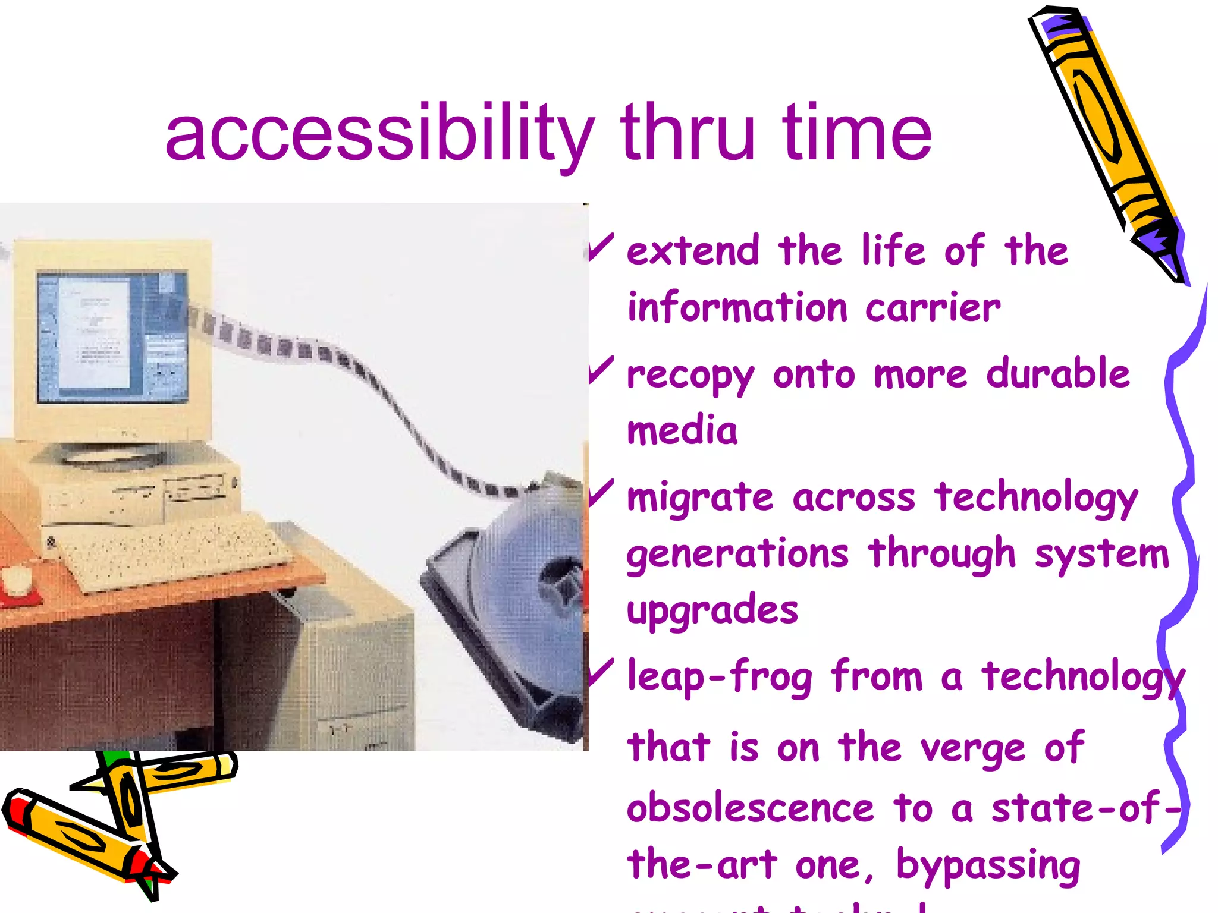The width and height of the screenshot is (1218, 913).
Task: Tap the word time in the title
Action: point(856,134)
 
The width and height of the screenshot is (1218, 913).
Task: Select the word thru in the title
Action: point(687,134)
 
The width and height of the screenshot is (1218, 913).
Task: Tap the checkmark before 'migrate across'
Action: point(599,493)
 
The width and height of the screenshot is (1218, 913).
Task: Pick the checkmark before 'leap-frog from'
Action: point(599,673)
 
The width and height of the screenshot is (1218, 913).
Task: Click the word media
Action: point(682,430)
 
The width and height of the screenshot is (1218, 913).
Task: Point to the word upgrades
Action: point(712,611)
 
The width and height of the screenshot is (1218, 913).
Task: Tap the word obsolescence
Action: point(750,808)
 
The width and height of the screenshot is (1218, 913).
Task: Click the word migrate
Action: point(700,498)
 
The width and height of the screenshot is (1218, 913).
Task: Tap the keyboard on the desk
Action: point(172,550)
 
